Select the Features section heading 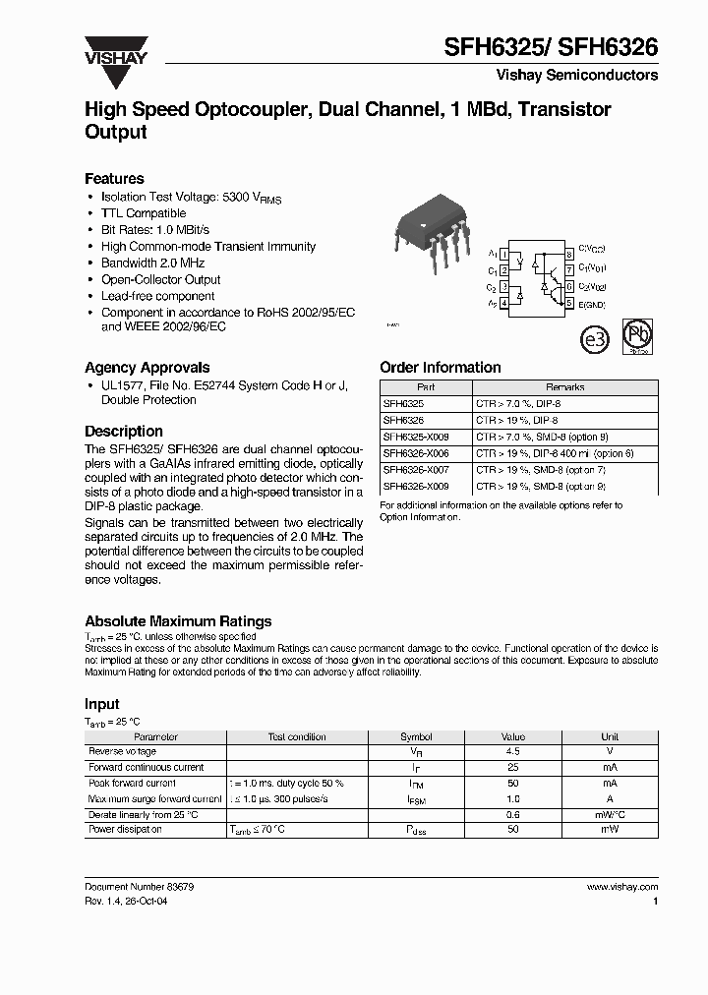pos(114,179)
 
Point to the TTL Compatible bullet pos(144,213)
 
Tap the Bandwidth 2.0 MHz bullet pos(152,263)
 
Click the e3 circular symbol pos(597,340)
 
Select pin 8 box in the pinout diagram pos(568,254)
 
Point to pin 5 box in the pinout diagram pos(568,304)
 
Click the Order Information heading pos(440,368)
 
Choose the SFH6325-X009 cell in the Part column pos(417,437)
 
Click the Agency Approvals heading pos(147,368)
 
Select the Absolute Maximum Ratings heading pos(178,621)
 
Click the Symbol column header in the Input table pos(416,736)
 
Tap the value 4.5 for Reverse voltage pos(513,752)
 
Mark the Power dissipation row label pos(126,830)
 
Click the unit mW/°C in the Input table pos(610,815)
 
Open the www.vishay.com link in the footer pos(621,887)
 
